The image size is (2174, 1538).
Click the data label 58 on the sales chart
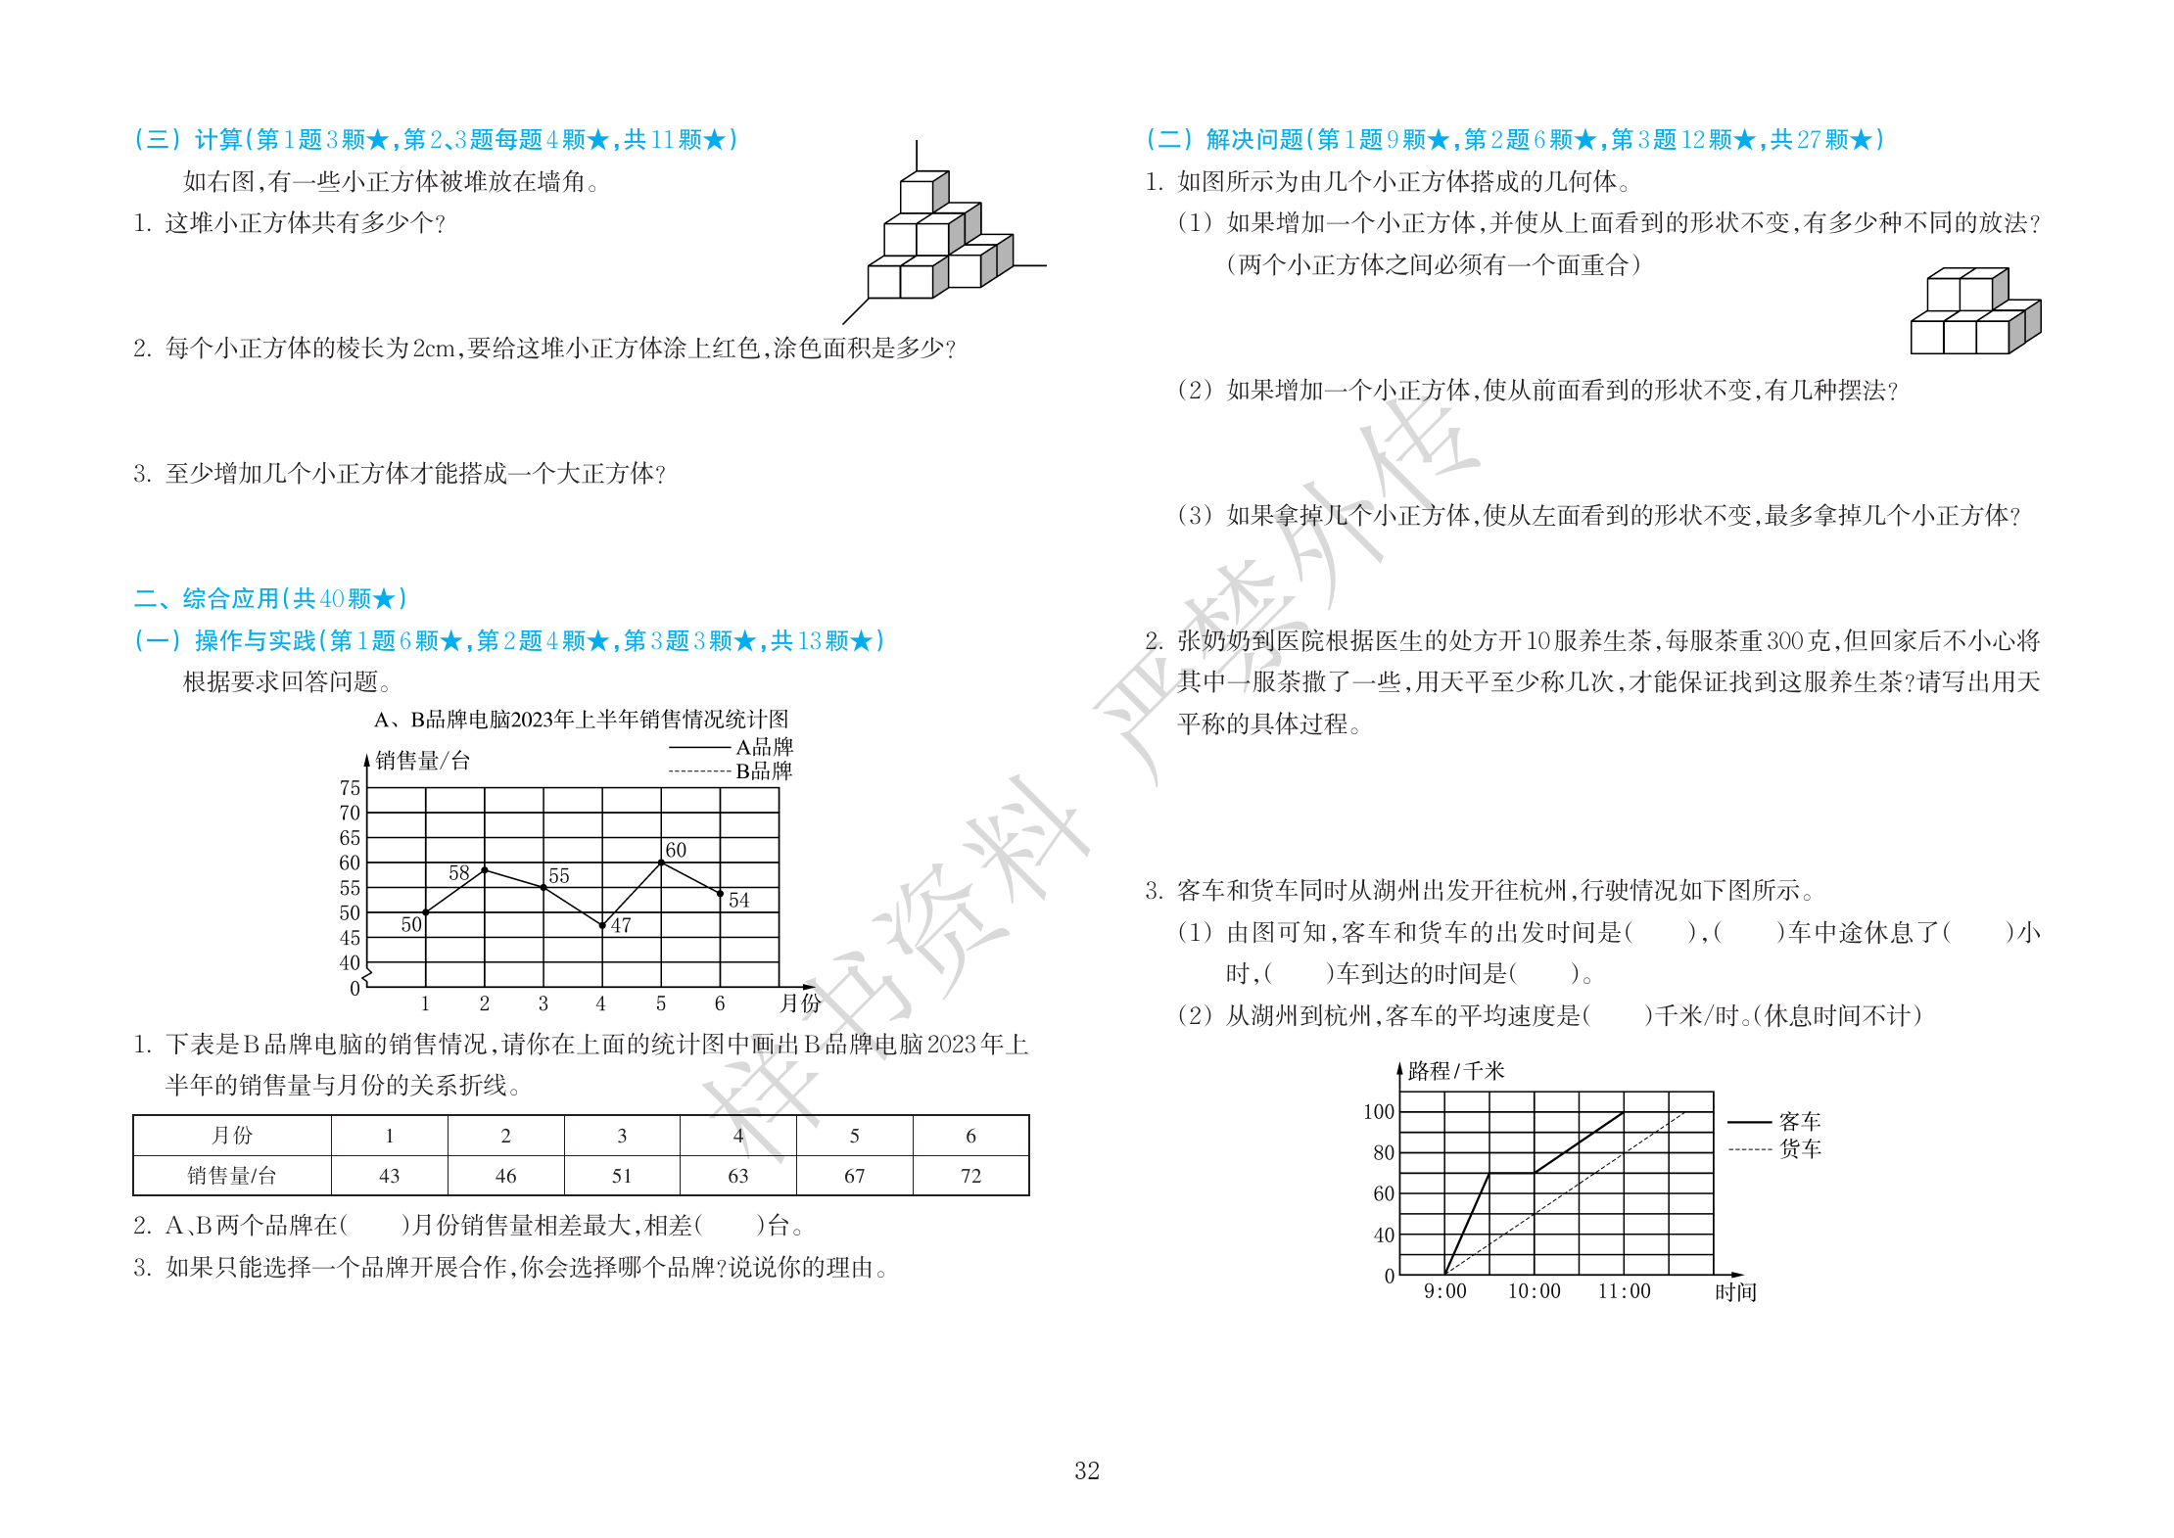click(458, 872)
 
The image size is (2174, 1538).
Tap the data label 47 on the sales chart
click(621, 925)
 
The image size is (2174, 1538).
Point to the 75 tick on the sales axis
click(350, 788)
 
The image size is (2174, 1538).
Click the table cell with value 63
click(737, 1176)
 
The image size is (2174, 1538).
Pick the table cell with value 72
click(970, 1176)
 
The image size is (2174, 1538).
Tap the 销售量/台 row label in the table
click(231, 1176)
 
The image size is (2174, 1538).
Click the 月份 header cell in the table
click(231, 1136)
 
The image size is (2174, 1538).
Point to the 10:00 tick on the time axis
click(1534, 1291)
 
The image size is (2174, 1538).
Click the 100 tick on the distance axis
click(1378, 1112)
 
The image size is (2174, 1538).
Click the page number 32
click(1087, 1471)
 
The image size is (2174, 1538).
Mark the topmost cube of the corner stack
click(922, 192)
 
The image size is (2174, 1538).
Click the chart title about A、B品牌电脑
click(581, 721)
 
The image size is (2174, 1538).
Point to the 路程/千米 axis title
click(1455, 1071)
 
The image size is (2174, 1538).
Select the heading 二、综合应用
click(269, 598)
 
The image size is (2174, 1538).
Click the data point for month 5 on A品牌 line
click(662, 862)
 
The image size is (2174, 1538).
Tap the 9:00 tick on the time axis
click(1444, 1291)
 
